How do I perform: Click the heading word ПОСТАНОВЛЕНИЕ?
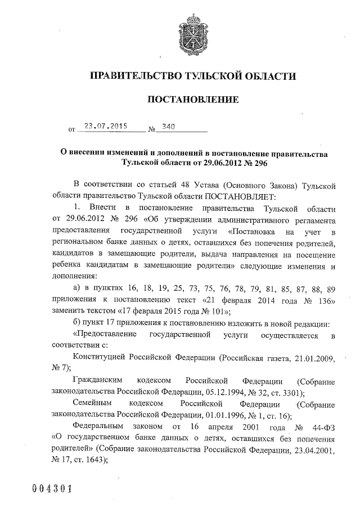[x=193, y=100]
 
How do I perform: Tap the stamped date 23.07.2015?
[x=104, y=127]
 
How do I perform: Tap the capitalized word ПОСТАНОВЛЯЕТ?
[x=228, y=196]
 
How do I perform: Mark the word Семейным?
[x=93, y=404]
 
